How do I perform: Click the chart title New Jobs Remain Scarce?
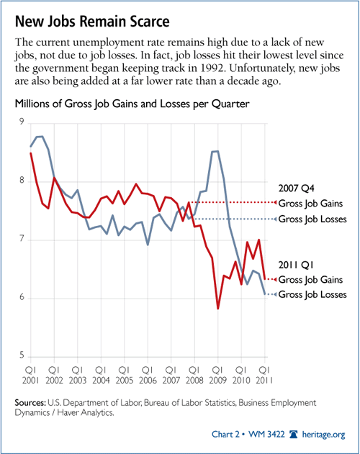92,22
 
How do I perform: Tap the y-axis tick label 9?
22,122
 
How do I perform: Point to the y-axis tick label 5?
22,355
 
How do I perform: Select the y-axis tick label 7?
22,239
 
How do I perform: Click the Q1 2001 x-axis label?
30,375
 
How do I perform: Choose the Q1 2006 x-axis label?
148,375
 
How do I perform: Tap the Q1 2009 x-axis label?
217,375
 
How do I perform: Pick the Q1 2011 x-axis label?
264,375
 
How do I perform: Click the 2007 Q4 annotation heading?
296,189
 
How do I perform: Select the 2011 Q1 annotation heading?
296,265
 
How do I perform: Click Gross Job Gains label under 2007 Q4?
310,204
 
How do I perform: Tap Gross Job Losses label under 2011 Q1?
312,295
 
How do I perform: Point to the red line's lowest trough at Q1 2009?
217,309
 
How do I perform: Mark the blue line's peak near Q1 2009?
215,151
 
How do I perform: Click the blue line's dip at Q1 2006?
148,245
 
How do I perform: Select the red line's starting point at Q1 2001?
31,153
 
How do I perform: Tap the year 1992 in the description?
212,68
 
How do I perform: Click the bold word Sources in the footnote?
30,403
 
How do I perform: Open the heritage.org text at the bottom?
323,435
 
